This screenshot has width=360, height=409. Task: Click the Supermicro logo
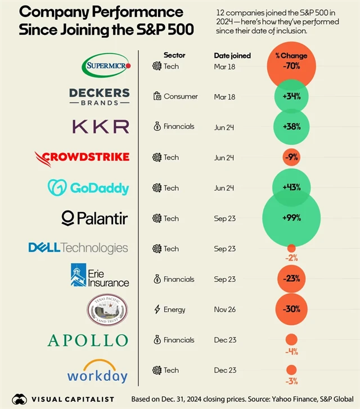point(106,66)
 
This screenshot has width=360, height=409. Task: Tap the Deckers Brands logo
point(100,97)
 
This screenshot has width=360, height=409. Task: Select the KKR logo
point(100,127)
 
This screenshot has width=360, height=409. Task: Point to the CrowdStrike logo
point(82,157)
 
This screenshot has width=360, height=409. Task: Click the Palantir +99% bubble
point(291,218)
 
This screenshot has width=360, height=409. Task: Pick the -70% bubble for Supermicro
point(291,66)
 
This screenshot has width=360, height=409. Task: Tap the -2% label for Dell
point(291,258)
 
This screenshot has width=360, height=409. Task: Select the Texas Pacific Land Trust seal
point(107,309)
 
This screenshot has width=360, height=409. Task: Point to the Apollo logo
point(88,340)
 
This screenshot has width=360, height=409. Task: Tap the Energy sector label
point(174,309)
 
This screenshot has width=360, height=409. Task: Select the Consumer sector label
point(181,97)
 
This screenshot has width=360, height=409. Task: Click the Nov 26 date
point(224,309)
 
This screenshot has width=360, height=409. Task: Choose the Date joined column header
point(232,56)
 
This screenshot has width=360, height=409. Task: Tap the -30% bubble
point(291,309)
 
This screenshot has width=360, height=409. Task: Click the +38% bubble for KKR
point(291,127)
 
